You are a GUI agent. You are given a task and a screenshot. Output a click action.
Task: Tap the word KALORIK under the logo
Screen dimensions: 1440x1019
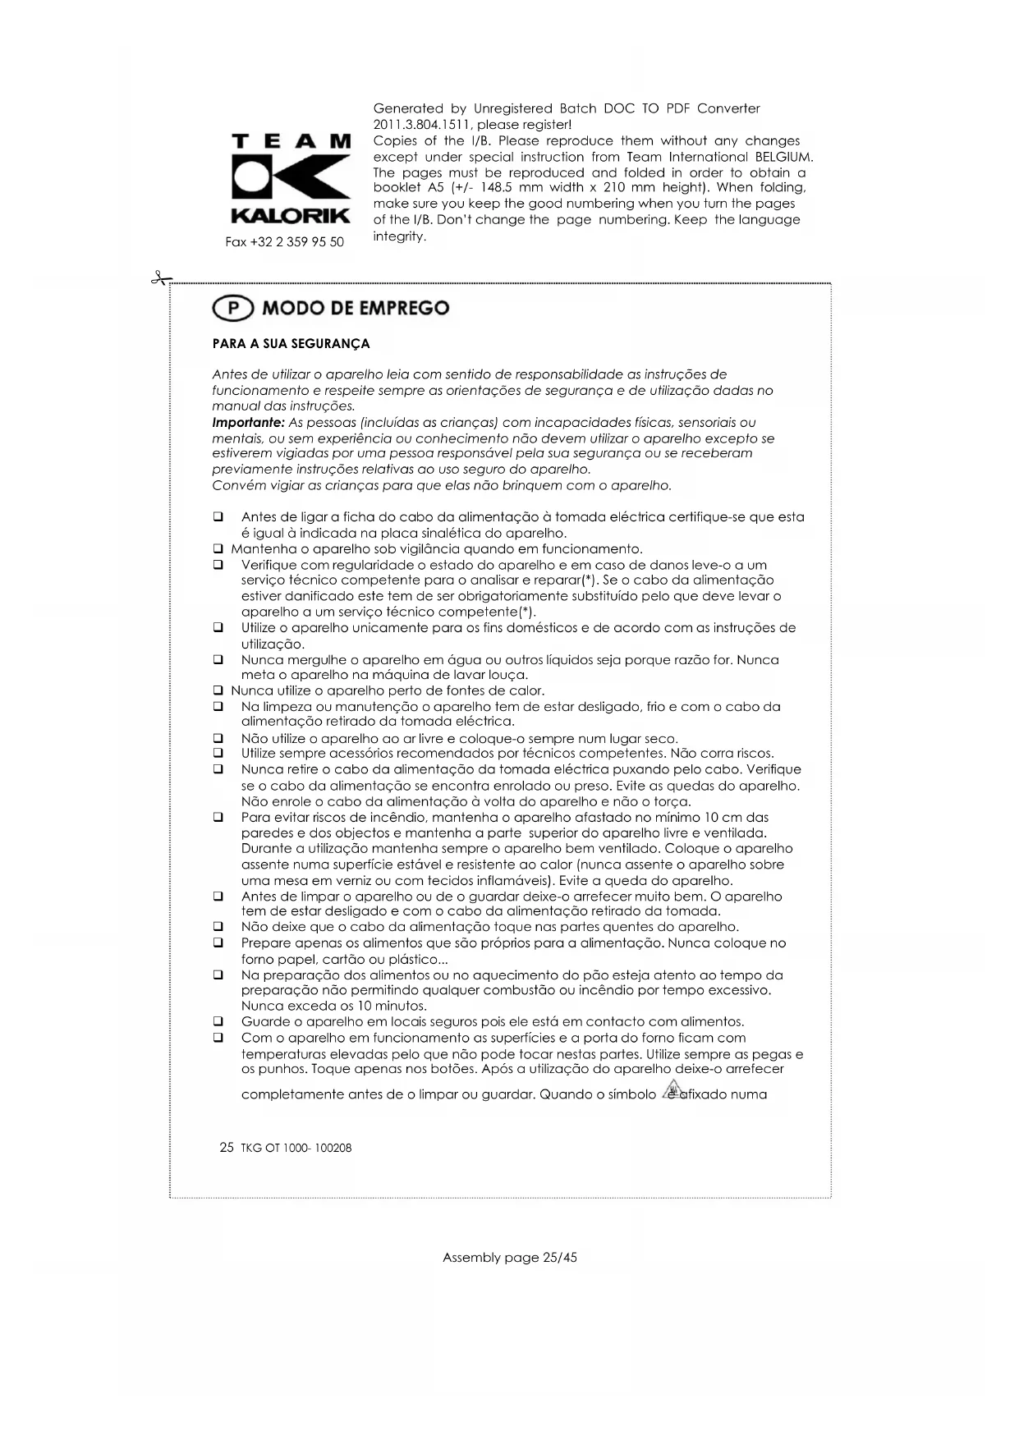pyautogui.click(x=291, y=217)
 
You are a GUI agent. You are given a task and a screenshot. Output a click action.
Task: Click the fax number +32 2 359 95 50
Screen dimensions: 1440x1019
pyautogui.click(x=285, y=242)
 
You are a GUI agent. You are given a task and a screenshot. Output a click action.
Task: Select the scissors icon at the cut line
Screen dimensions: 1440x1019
pyautogui.click(x=159, y=279)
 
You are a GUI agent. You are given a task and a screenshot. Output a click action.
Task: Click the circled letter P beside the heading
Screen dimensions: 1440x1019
pyautogui.click(x=233, y=309)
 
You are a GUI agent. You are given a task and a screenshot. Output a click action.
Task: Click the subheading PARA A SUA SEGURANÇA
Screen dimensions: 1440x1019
pyautogui.click(x=291, y=343)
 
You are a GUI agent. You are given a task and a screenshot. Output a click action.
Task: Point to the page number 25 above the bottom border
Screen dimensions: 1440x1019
pyautogui.click(x=227, y=1147)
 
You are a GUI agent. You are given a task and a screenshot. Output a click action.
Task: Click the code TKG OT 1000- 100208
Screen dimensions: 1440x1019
pyautogui.click(x=296, y=1148)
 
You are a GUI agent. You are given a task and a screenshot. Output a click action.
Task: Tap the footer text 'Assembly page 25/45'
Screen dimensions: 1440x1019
pyautogui.click(x=509, y=1257)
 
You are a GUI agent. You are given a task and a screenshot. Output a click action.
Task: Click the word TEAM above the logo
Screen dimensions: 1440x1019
pyautogui.click(x=291, y=142)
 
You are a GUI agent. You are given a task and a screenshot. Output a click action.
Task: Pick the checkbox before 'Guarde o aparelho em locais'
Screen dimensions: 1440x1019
pyautogui.click(x=218, y=1022)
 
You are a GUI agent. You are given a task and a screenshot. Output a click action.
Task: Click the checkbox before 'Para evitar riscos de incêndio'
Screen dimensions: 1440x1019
pyautogui.click(x=218, y=818)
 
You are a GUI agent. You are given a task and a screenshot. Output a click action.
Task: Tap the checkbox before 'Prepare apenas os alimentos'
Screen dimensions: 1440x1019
pyautogui.click(x=218, y=943)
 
